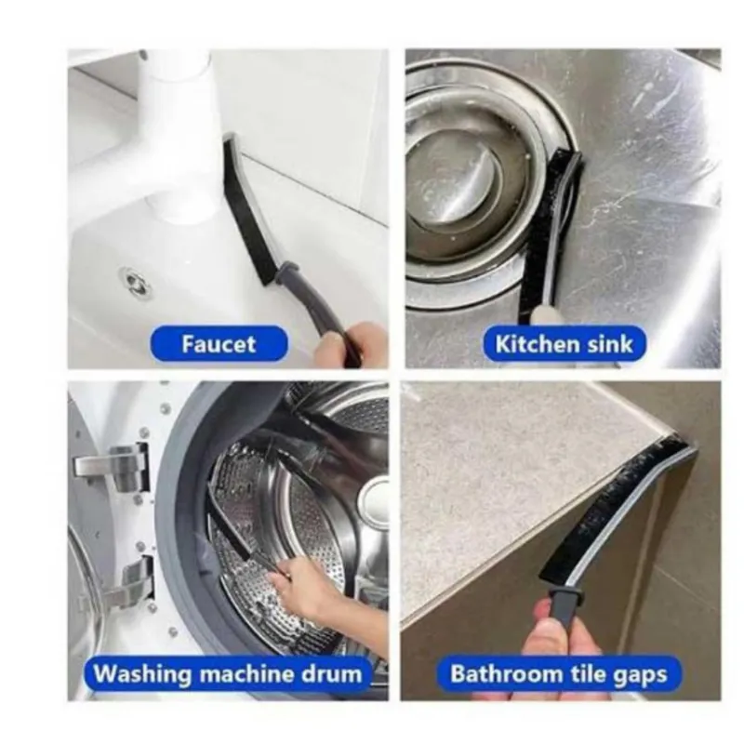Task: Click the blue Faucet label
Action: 219,343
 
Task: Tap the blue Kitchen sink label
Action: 564,343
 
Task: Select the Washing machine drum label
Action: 228,673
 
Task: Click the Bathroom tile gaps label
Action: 559,673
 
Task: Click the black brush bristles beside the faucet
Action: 246,210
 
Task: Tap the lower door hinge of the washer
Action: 127,581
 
